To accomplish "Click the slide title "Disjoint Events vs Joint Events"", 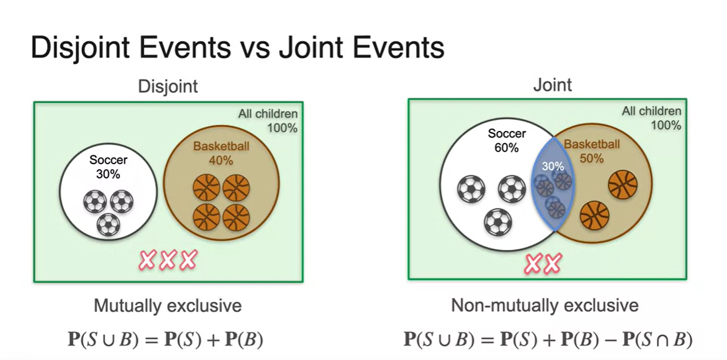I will pyautogui.click(x=237, y=48).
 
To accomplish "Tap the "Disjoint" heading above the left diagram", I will pyautogui.click(x=167, y=87).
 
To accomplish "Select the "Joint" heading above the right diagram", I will pyautogui.click(x=552, y=85).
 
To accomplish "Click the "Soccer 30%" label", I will pyautogui.click(x=109, y=167).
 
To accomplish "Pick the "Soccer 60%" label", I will pyautogui.click(x=507, y=140).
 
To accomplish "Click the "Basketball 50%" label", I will pyautogui.click(x=591, y=151).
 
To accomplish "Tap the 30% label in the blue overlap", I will pyautogui.click(x=553, y=166).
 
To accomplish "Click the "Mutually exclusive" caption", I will pyautogui.click(x=167, y=305).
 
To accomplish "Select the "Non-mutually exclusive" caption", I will pyautogui.click(x=545, y=305).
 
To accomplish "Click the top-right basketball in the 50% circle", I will pyautogui.click(x=623, y=184).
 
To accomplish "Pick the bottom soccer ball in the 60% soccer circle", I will pyautogui.click(x=498, y=222).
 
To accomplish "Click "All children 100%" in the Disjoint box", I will pyautogui.click(x=268, y=121).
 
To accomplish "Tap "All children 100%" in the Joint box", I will pyautogui.click(x=651, y=118).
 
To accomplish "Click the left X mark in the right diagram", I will pyautogui.click(x=533, y=264).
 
